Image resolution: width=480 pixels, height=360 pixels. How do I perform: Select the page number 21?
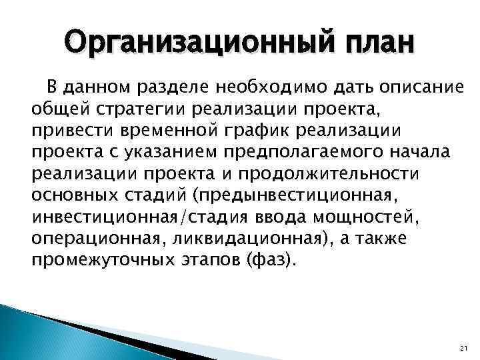tap(465, 347)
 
